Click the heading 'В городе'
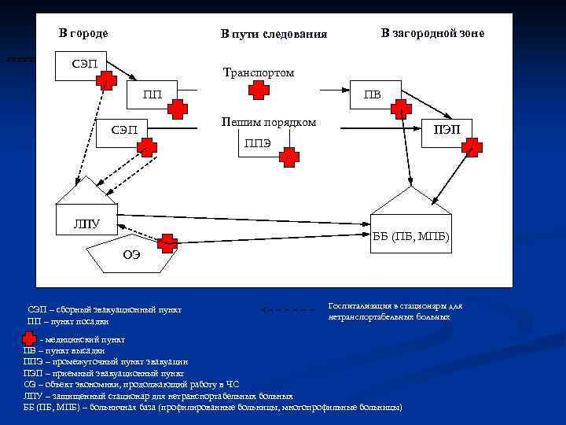84,33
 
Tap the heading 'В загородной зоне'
432,33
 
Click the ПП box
153,95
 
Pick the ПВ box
373,94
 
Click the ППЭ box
259,143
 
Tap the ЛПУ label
86,224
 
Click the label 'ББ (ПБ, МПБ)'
411,236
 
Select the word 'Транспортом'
259,72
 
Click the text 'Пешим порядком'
269,122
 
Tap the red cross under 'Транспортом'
259,91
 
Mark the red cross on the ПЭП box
472,146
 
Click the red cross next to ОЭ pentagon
167,243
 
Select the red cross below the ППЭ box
290,158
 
